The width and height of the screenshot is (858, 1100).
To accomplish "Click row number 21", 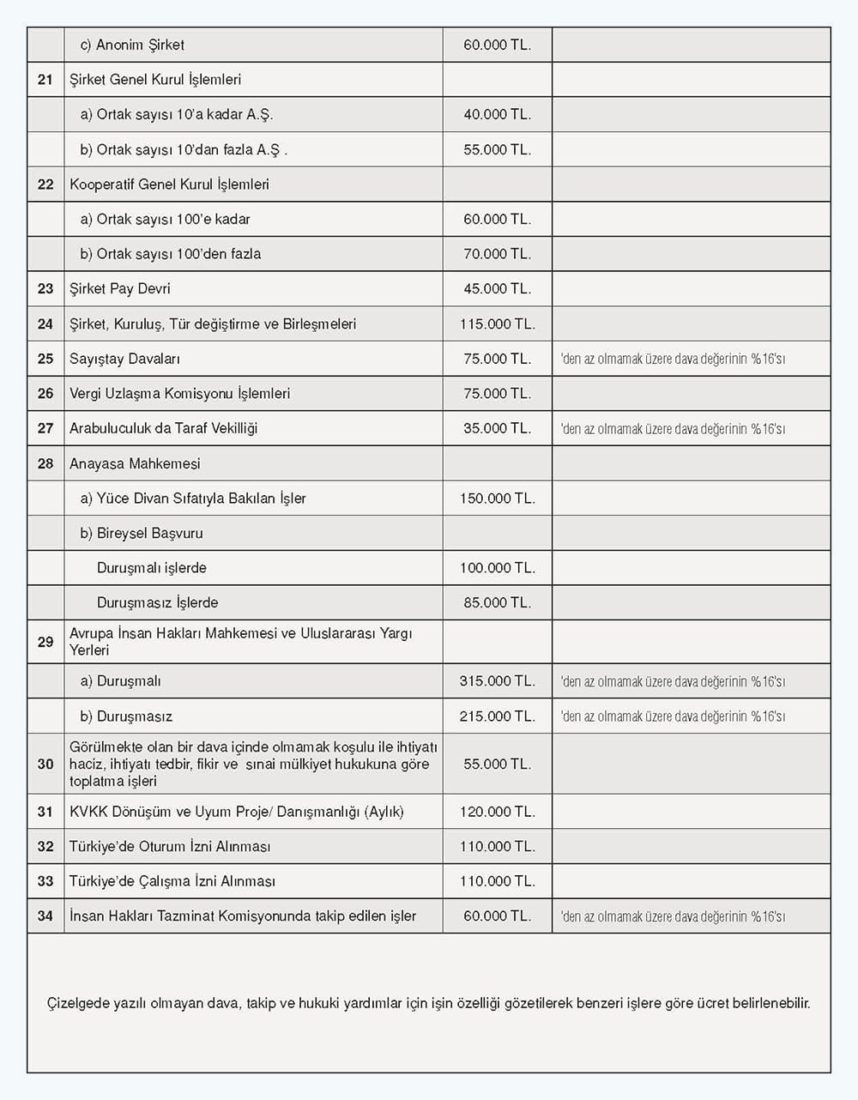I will pos(45,80).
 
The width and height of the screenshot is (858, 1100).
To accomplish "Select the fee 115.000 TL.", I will pos(497,324).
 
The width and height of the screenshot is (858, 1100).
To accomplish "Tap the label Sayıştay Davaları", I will pos(124,359).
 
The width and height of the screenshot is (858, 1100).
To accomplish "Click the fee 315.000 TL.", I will pos(497,681).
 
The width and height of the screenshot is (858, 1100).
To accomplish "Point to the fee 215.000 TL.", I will pos(497,716).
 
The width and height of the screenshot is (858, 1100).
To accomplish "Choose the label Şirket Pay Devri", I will pos(119,289).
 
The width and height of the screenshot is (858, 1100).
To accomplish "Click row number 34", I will pos(45,916).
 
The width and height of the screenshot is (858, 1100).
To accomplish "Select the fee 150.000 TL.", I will pos(497,499).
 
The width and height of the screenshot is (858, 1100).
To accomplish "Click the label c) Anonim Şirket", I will pos(132,45).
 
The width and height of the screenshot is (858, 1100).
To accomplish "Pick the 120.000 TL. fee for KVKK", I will pos(497,812).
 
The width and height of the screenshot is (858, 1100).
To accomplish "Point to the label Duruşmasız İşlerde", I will pos(157,603).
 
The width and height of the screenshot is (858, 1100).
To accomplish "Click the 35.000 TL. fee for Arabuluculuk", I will pos(497,428).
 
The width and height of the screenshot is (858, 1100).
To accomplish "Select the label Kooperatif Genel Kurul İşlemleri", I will pos(169,184).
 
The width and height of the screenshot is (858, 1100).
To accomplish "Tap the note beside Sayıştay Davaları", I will pos(673,359).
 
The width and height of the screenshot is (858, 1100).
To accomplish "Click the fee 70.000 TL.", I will pos(497,254).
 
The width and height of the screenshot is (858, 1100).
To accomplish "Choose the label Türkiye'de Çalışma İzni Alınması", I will pos(172,881).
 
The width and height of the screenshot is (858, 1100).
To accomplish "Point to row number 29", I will pos(45,642).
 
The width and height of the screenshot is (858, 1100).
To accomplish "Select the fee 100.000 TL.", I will pos(497,568).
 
